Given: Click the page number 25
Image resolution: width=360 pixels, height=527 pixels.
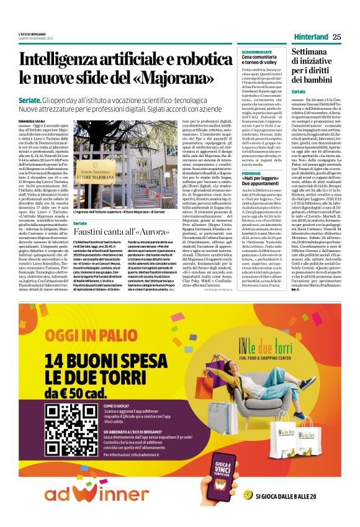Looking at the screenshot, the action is pos(336,37).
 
